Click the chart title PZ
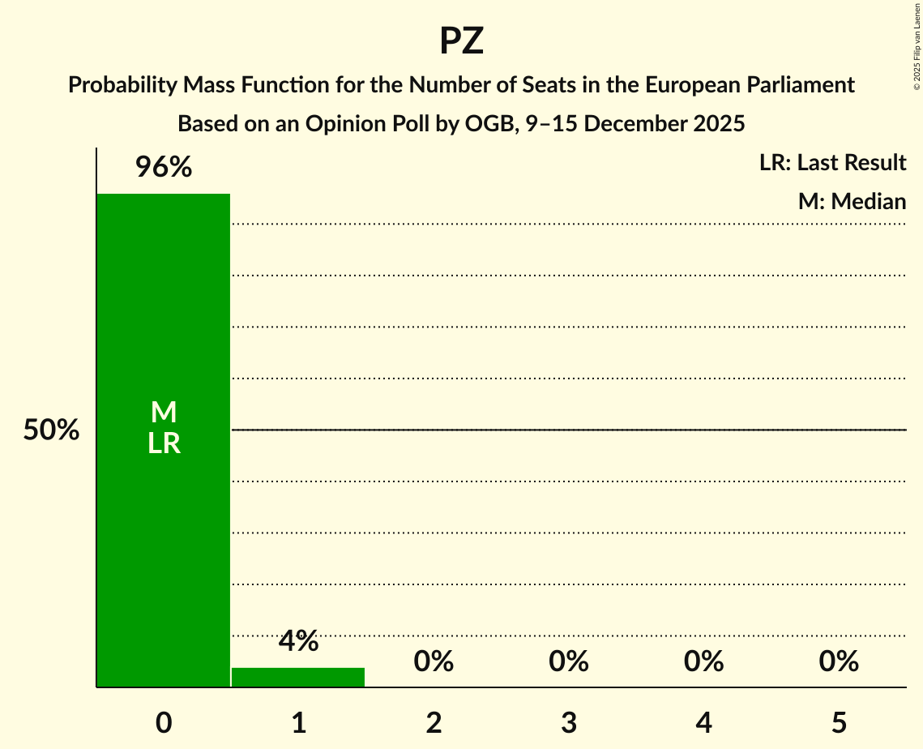[461, 41]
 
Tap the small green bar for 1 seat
[298, 677]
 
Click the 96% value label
[164, 168]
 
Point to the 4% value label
[298, 641]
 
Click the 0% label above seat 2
[434, 661]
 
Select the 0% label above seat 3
[568, 661]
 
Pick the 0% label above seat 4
[703, 661]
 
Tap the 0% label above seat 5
[838, 661]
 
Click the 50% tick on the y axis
[51, 430]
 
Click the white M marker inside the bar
[164, 413]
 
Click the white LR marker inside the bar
[164, 443]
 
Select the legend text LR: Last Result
[832, 163]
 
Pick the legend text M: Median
[852, 201]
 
